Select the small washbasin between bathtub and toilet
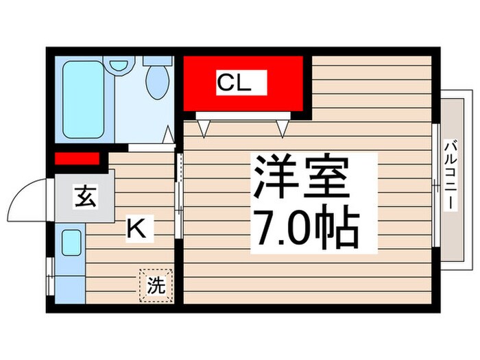tap(119, 66)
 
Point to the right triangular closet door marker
tap(281, 126)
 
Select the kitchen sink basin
tap(71, 243)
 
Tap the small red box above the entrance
tap(77, 159)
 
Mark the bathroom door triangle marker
tap(167, 138)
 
